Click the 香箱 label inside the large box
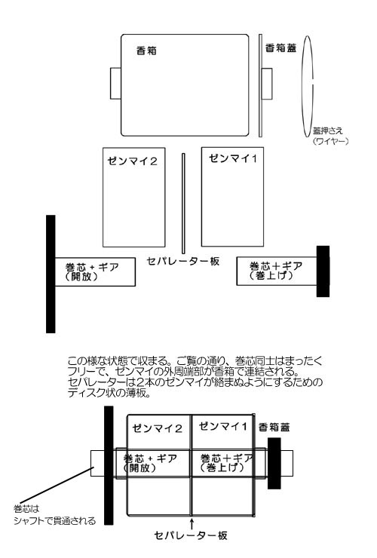click(x=146, y=51)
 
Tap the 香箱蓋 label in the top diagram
click(x=281, y=48)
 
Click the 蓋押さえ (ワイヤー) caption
click(x=330, y=136)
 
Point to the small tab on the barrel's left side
click(x=115, y=83)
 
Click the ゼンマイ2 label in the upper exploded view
click(x=132, y=161)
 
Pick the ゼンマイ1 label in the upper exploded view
click(x=233, y=158)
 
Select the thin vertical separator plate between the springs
click(x=183, y=203)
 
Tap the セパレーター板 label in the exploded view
click(x=183, y=261)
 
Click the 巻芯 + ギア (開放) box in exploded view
click(x=95, y=272)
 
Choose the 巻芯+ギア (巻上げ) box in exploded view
click(x=277, y=271)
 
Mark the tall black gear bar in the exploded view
click(x=51, y=274)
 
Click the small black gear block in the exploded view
click(x=323, y=271)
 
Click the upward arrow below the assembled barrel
click(x=192, y=523)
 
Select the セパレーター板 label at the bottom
click(x=191, y=535)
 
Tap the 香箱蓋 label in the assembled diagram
click(x=274, y=427)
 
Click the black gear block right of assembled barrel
click(x=274, y=463)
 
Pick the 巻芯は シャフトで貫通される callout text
click(x=54, y=515)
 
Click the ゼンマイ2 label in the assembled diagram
click(x=157, y=428)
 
